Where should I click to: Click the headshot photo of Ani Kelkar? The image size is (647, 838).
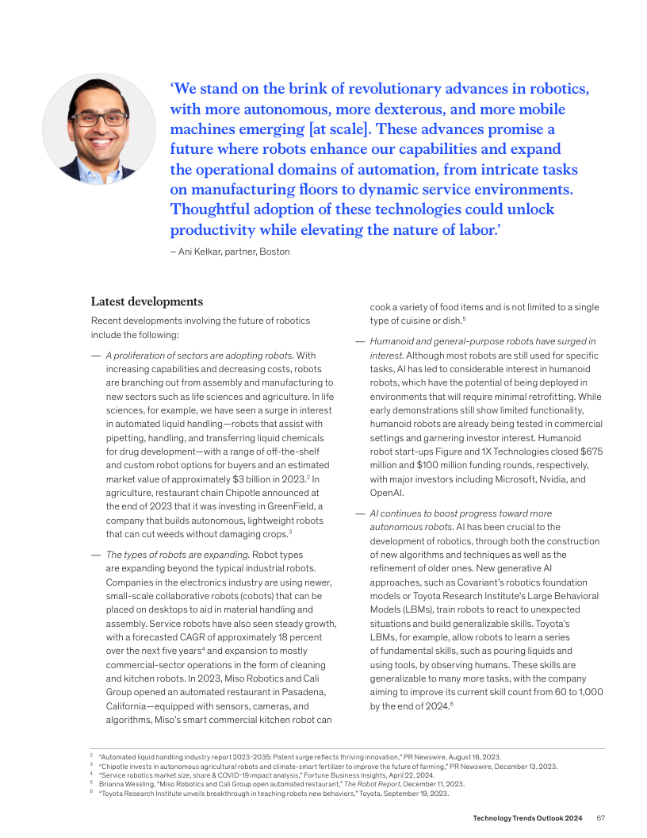(x=98, y=129)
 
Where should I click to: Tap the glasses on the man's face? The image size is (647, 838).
(x=99, y=120)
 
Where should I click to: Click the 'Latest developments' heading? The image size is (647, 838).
(x=147, y=302)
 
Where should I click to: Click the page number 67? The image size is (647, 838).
(x=601, y=818)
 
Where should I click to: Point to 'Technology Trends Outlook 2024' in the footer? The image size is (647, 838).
(x=528, y=818)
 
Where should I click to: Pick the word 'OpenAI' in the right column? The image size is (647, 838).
(x=386, y=492)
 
